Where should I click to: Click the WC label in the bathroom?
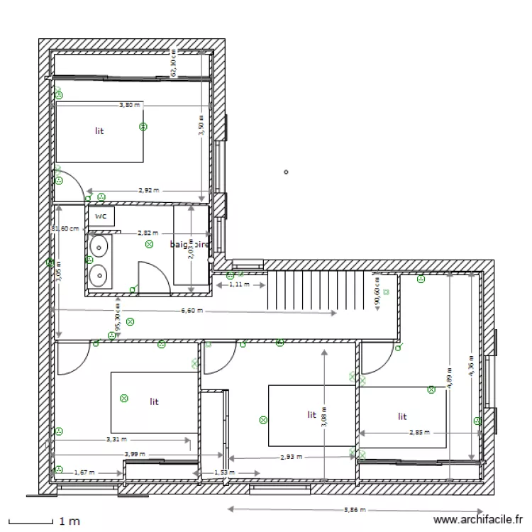click(101, 216)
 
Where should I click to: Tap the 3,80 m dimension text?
click(129, 105)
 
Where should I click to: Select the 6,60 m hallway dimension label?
click(192, 311)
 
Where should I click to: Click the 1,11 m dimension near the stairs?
click(241, 284)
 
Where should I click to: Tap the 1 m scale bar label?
click(69, 521)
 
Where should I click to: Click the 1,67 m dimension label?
click(84, 472)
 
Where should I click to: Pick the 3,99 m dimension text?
click(134, 454)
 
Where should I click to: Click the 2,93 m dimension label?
click(291, 458)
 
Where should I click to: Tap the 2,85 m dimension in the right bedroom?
click(419, 432)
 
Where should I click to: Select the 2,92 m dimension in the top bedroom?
click(148, 190)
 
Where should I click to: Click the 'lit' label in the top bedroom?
click(99, 131)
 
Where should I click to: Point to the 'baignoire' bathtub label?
click(190, 245)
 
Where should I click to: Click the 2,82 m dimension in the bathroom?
click(148, 233)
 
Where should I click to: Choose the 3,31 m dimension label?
click(117, 440)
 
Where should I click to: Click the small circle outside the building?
click(286, 172)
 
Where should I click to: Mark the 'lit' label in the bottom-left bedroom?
click(154, 401)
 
